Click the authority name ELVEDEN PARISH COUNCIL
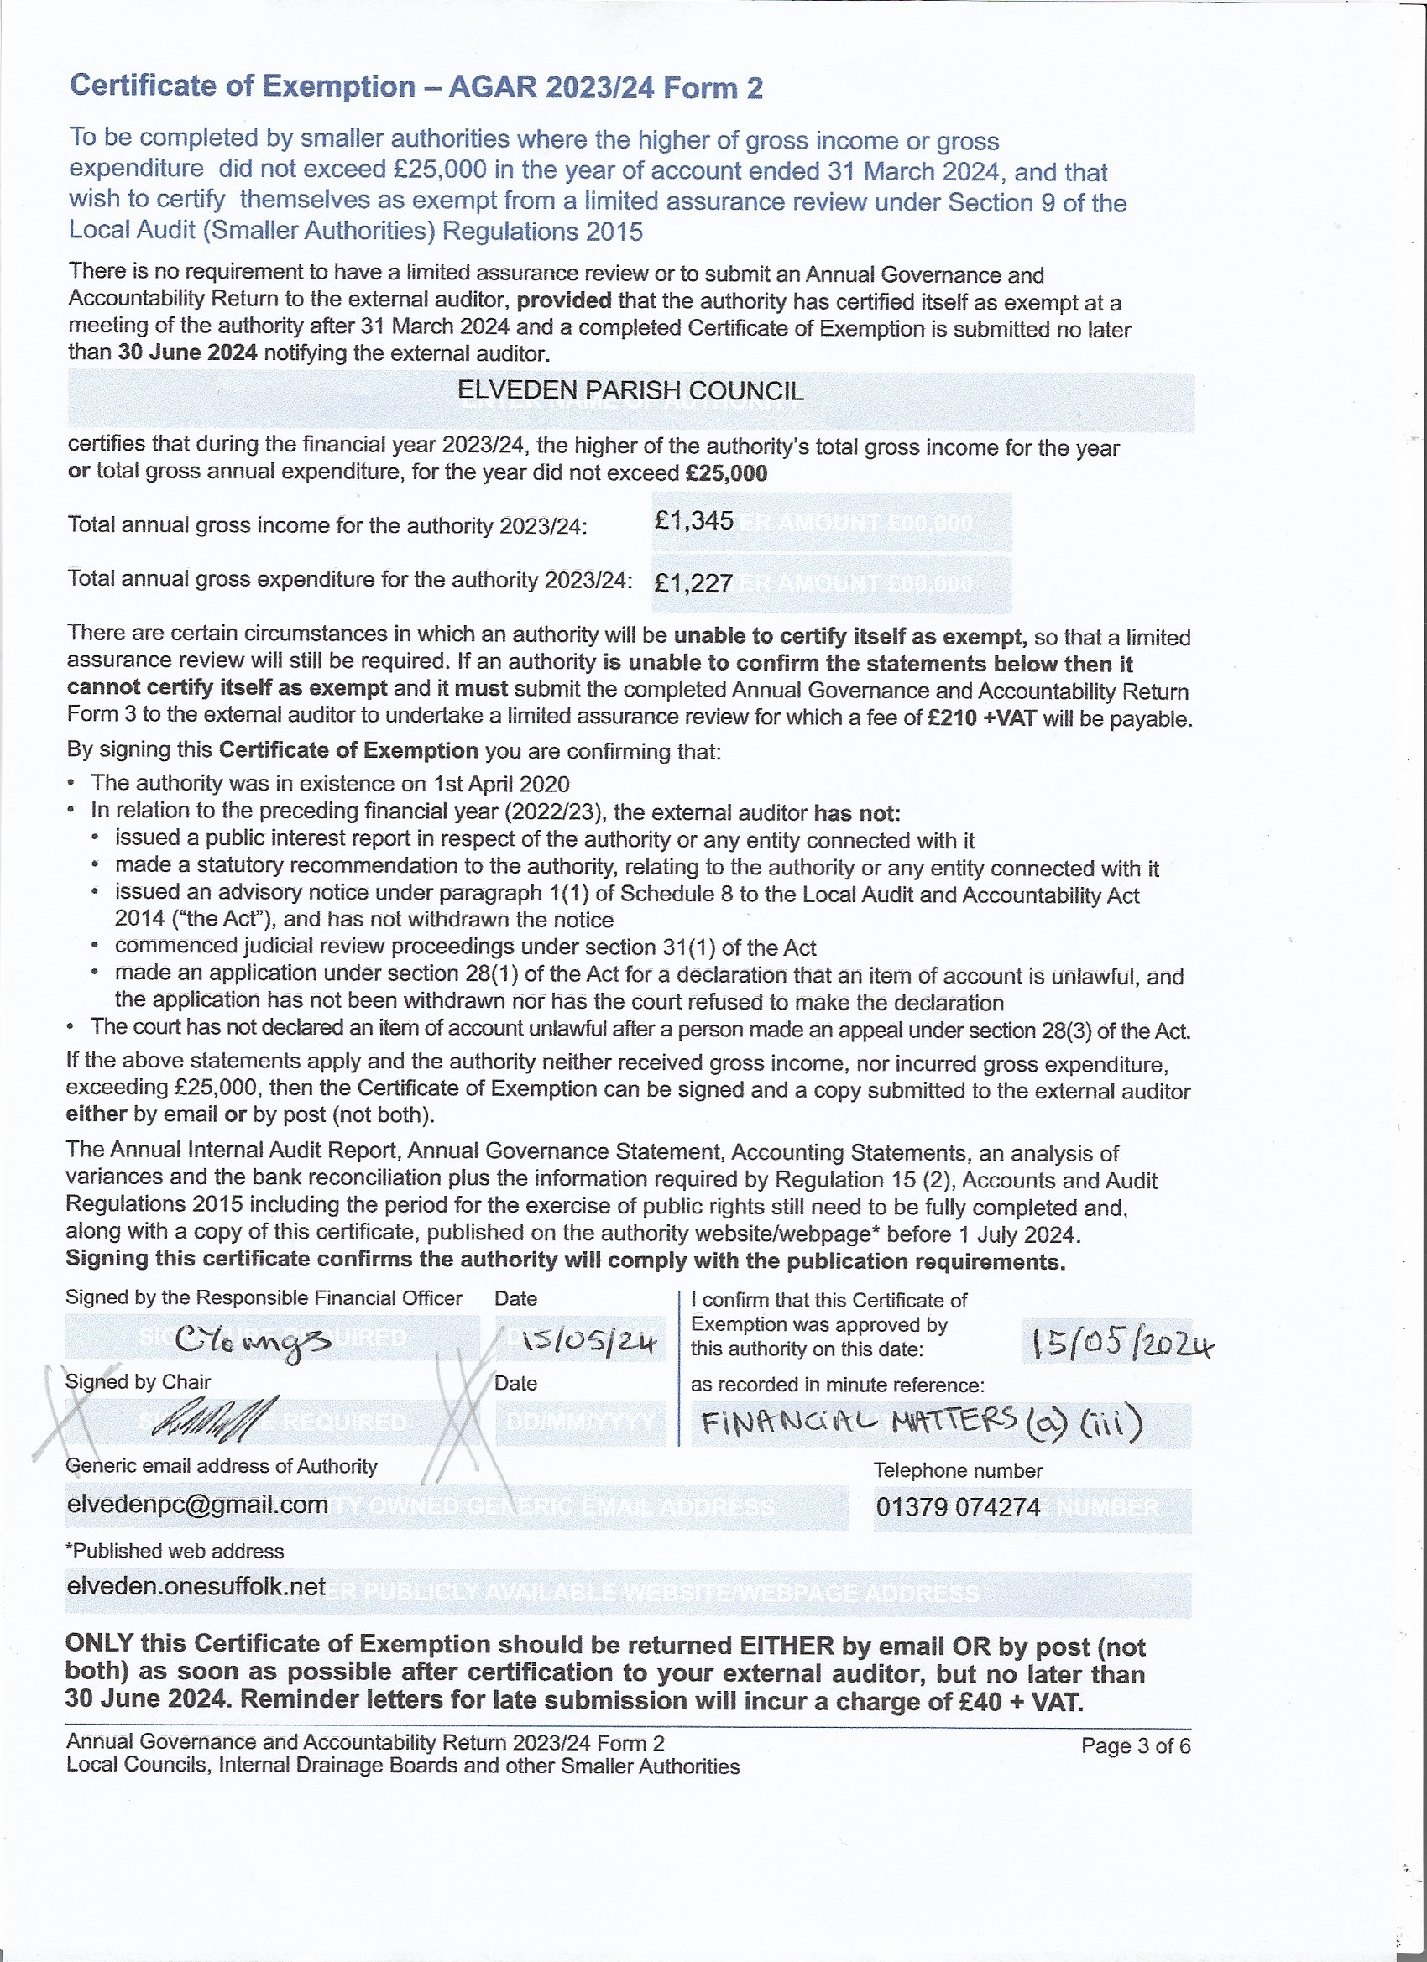[630, 391]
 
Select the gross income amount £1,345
[694, 521]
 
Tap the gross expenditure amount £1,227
[694, 583]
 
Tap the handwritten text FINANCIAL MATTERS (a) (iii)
[922, 1422]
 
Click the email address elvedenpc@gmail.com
[197, 1505]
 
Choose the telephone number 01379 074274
[958, 1507]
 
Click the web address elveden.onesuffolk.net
[196, 1586]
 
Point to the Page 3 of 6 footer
[1136, 1745]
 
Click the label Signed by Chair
[139, 1382]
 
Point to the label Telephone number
[957, 1470]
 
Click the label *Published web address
[175, 1550]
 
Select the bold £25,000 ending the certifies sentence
[726, 473]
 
